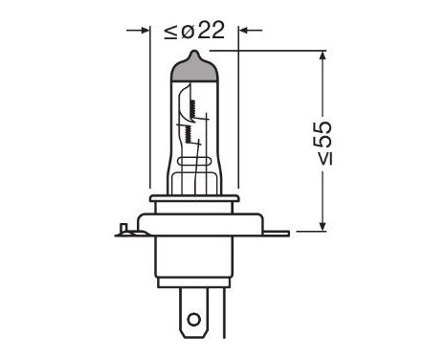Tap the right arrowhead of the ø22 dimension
tap(244, 30)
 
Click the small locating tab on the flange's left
tap(122, 230)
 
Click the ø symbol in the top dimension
tap(188, 30)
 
